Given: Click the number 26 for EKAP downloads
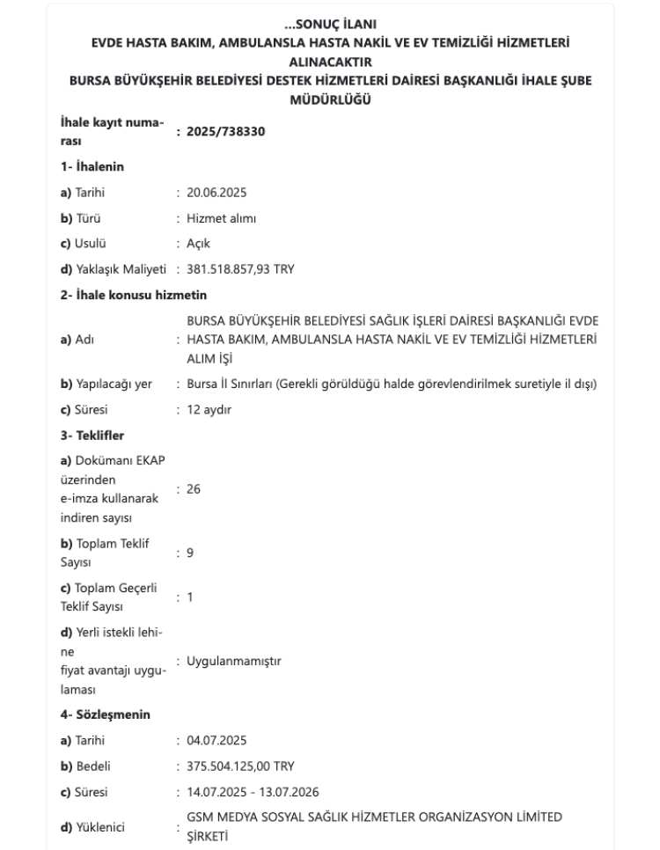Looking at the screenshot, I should click(194, 489).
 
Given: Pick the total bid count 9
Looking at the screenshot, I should click(191, 552).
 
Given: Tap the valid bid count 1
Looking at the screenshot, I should click(190, 597).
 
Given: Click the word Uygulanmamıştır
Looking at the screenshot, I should click(234, 660).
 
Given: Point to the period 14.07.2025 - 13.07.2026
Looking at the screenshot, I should click(255, 793).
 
